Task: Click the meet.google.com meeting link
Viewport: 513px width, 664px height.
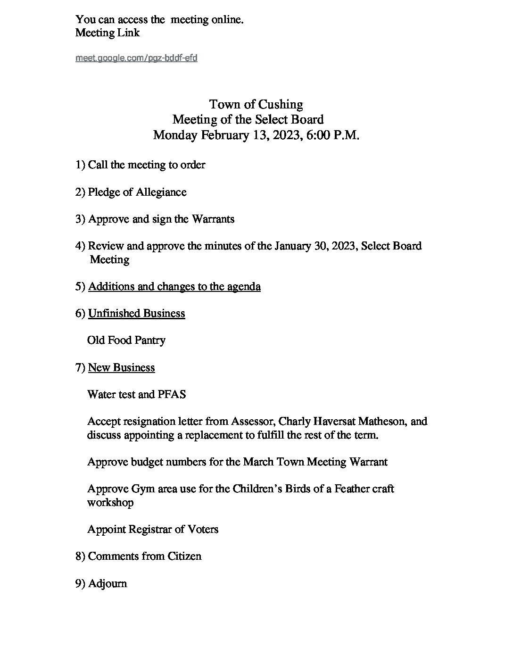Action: click(136, 58)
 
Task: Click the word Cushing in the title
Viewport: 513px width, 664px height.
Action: click(280, 104)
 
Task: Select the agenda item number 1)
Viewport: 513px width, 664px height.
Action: click(80, 165)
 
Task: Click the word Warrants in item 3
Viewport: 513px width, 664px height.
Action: click(212, 219)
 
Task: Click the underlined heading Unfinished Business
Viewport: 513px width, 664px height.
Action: click(136, 314)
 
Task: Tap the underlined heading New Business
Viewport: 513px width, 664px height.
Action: click(121, 368)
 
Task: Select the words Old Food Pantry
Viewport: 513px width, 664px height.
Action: click(126, 340)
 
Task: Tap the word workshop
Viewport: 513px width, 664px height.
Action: click(110, 503)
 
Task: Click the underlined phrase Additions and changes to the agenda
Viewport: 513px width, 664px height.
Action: click(174, 287)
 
